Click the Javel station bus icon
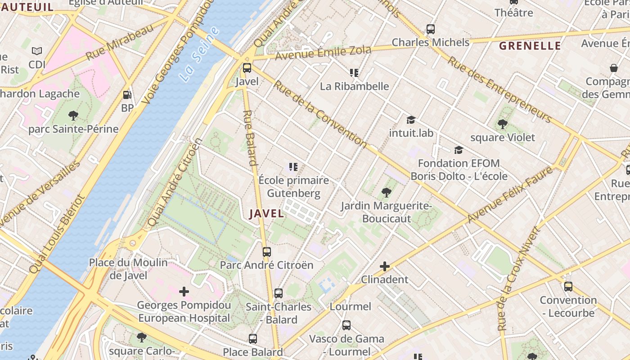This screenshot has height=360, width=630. pos(247,68)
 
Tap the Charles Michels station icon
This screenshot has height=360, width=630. pos(431,29)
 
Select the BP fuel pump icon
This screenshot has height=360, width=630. pos(127,95)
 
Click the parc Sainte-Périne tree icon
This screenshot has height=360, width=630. pos(73,116)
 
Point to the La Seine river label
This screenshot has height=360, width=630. pos(199,54)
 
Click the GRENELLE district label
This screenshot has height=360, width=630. pos(530,45)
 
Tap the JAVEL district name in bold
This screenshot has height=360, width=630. pos(266,214)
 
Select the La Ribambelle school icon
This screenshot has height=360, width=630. pos(354,72)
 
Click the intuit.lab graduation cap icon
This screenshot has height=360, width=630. pos(411,120)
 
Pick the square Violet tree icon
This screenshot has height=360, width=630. pos(503,124)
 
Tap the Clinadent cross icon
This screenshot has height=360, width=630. pos(384,266)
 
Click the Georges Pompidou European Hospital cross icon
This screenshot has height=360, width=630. pos(184,292)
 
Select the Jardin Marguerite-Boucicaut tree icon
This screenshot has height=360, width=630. pos(386,193)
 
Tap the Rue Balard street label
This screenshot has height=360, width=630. pos(250,138)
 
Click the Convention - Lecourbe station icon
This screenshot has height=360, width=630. pos(568,286)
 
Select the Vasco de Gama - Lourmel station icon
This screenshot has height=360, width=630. pos(346,325)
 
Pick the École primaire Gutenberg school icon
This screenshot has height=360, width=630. pos(293,167)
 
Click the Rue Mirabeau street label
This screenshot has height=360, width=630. pos(120,43)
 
